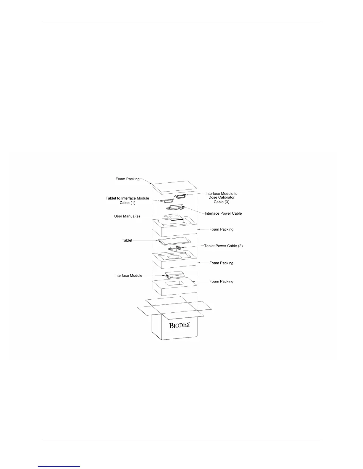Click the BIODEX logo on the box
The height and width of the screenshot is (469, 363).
pos(179,325)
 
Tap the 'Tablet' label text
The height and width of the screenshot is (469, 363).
pos(127,240)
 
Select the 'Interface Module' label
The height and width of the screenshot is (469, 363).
pos(128,276)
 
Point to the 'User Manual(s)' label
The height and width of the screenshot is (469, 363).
pos(127,216)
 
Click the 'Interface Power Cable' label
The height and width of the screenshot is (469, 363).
pos(223,213)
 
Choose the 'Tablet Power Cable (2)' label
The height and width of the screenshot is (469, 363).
pos(223,246)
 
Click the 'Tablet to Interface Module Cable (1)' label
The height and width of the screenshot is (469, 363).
pos(127,200)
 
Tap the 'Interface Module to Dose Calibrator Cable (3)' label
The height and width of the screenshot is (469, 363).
pos(221,197)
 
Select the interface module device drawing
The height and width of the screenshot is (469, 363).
pos(175,275)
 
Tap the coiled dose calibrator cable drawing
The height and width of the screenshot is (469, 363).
pos(180,196)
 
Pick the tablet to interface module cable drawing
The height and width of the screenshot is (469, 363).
pos(167,201)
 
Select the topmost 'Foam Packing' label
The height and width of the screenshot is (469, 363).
pos(127,179)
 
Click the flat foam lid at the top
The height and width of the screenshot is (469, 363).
pos(174,187)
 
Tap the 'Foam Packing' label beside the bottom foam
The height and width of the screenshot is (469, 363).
pos(221,282)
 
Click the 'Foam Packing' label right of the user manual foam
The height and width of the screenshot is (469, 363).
pos(221,229)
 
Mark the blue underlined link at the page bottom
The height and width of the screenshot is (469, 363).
pos(59,466)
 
